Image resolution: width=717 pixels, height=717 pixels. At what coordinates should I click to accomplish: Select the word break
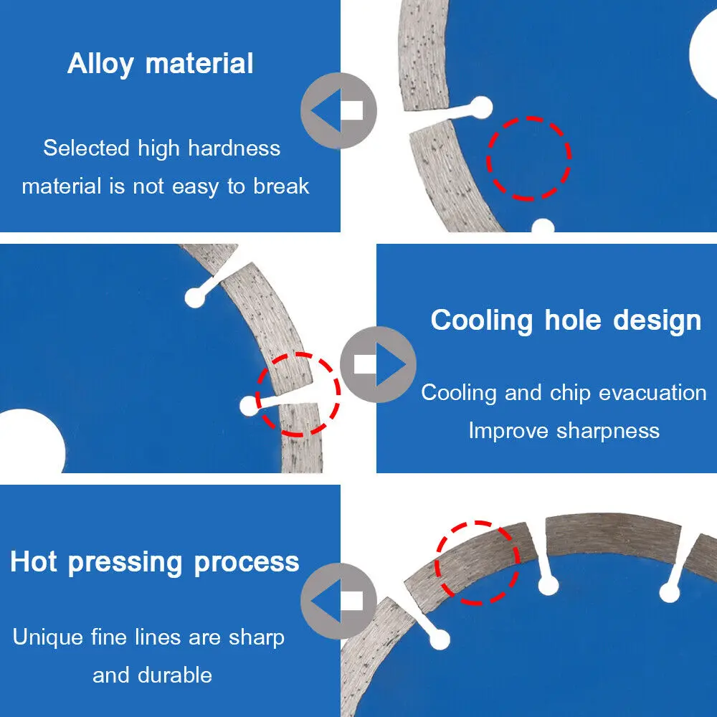pos(281,186)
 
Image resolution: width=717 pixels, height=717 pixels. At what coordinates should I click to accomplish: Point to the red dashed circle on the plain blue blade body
pos(528,158)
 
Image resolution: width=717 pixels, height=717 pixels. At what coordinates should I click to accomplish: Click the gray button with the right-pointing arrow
pos(378,364)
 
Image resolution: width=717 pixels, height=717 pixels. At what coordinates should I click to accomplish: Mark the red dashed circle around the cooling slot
pos(298,394)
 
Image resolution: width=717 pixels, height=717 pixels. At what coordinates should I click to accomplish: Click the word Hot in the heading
pos(34,561)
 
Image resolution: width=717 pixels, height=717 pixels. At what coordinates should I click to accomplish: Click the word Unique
pos(49,637)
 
